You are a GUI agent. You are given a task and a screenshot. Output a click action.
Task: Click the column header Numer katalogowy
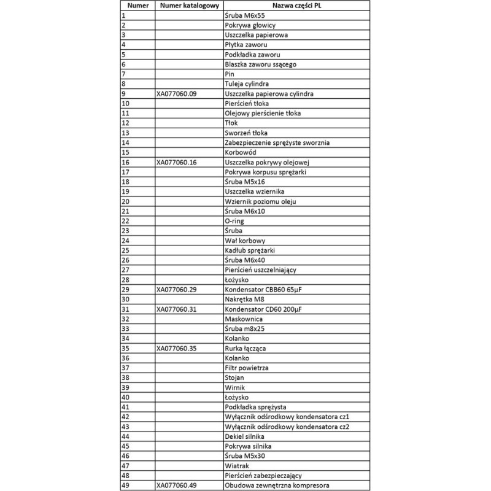pyautogui.click(x=189, y=6)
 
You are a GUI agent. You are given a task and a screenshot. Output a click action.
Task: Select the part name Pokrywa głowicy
pyautogui.click(x=250, y=25)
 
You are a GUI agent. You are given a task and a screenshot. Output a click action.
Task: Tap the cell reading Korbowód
pyautogui.click(x=241, y=153)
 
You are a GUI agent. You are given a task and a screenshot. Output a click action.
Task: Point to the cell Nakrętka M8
pyautogui.click(x=245, y=300)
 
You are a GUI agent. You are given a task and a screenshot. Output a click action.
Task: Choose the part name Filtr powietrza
pyautogui.click(x=247, y=368)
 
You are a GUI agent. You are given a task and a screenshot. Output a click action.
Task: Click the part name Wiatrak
pyautogui.click(x=238, y=465)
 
